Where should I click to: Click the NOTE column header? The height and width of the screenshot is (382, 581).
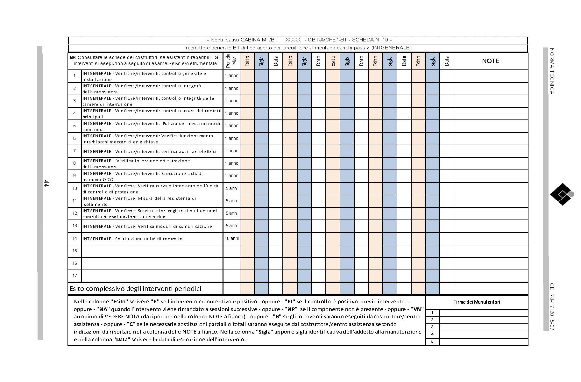pos(490,61)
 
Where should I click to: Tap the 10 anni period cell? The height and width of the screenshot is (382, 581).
pos(231,238)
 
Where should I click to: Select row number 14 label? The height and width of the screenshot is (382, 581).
pos(74,238)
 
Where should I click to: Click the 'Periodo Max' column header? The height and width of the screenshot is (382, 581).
pos(231,61)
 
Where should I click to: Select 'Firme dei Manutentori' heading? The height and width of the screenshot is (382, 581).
pos(476,302)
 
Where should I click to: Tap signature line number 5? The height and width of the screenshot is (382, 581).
pos(483,342)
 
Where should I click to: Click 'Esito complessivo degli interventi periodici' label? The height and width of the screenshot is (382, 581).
pos(135,289)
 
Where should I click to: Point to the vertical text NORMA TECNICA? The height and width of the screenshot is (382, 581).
pos(552,71)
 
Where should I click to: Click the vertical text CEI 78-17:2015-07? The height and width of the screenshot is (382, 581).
pos(552,306)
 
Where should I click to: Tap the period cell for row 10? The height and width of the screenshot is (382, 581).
pos(231,188)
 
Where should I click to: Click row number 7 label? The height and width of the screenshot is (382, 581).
pos(74,151)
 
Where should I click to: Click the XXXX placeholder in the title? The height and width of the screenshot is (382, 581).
pos(293,40)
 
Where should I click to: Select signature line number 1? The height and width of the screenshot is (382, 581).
pos(483,313)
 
